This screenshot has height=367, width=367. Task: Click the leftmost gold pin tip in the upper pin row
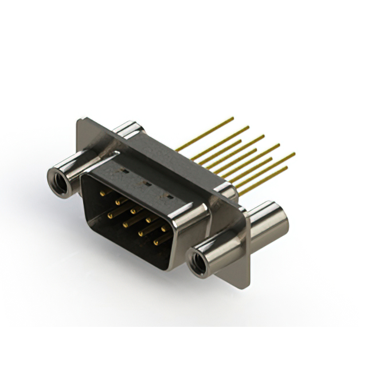point(102,194)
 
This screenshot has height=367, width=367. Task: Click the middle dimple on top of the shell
point(145,184)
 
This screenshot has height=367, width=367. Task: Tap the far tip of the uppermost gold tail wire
point(233,118)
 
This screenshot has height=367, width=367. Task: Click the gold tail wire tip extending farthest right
point(294,153)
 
